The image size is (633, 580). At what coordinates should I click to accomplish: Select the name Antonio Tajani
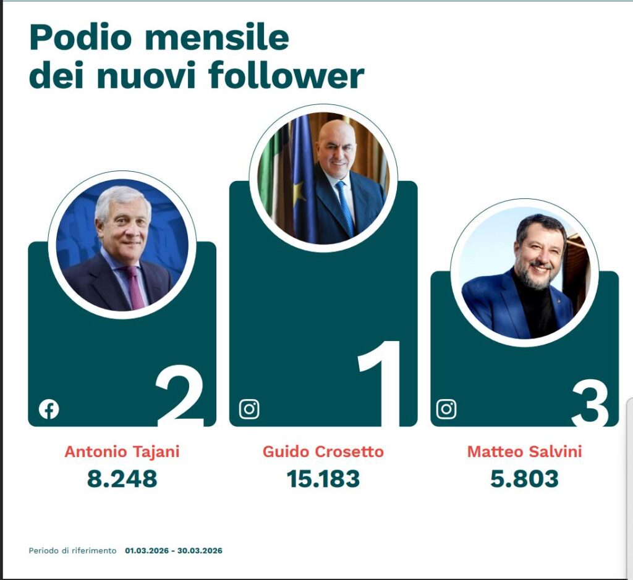[122, 452]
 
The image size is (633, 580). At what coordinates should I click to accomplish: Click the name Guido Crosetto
[323, 452]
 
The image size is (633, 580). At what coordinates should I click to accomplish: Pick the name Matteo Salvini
[524, 452]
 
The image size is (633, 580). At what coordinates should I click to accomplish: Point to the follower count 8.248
[122, 479]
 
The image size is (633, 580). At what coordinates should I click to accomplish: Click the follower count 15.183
[323, 479]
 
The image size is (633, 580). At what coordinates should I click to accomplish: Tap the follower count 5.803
[524, 479]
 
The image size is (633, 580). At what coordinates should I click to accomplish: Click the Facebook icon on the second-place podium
[49, 409]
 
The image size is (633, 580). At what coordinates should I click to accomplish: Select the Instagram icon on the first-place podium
[249, 409]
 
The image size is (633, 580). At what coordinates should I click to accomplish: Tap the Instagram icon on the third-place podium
[446, 409]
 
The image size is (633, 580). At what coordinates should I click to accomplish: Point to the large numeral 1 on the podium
[380, 383]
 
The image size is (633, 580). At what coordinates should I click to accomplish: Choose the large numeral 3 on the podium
[590, 403]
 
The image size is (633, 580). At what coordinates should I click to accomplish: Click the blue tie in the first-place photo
[345, 207]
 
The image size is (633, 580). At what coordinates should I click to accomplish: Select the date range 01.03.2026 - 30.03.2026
[174, 550]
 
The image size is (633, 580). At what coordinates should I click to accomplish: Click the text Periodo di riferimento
[72, 550]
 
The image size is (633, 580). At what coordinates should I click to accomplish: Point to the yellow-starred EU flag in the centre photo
[302, 179]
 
